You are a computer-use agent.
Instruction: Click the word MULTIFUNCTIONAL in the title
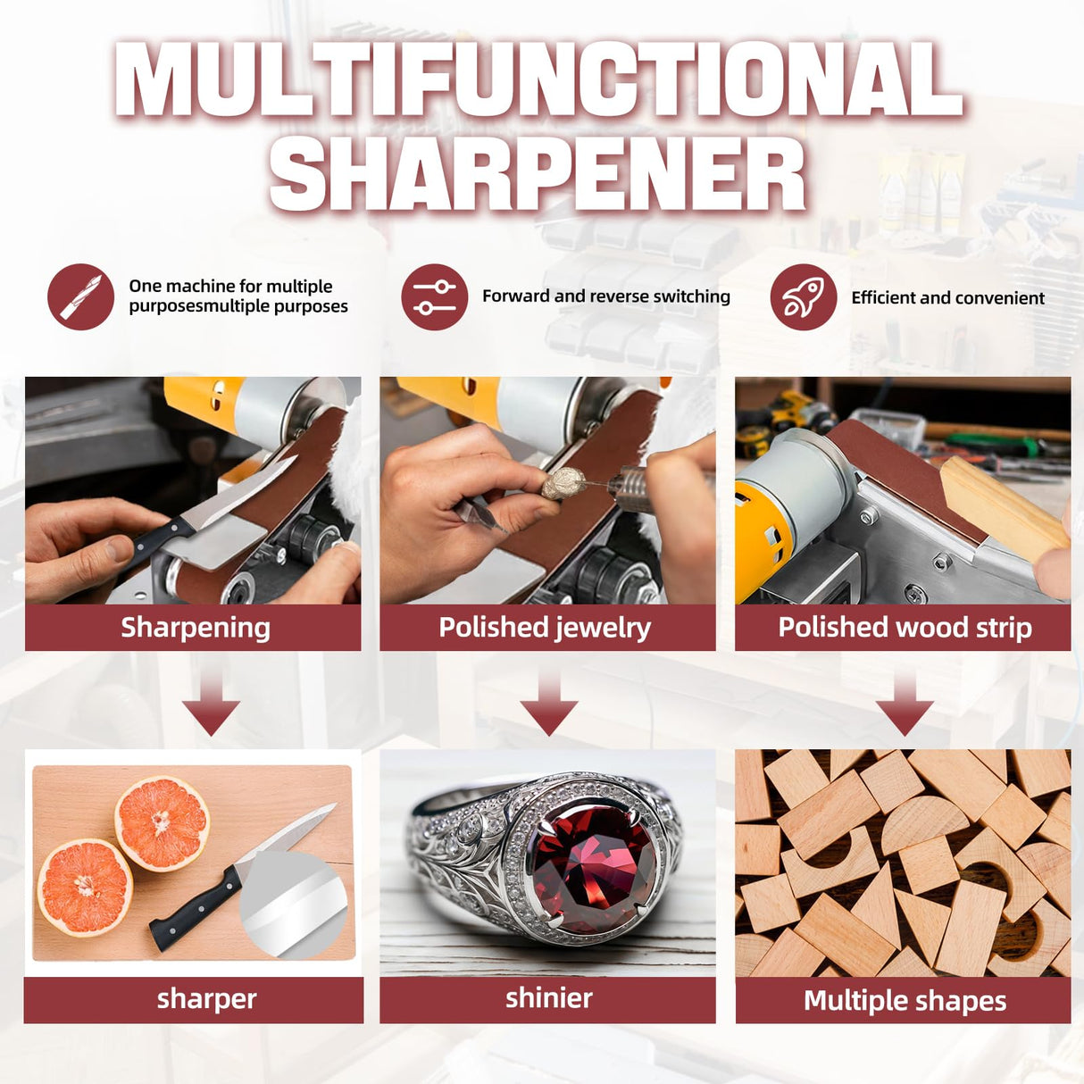coord(538,79)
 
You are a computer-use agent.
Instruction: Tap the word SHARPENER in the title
coord(538,175)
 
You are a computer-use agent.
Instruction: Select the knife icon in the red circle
coord(80,296)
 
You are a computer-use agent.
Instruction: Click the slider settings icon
coord(435,297)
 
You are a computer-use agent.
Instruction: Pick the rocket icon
coord(804,297)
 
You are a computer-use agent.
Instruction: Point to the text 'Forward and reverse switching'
coord(606,296)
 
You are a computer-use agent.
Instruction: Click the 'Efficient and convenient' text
coord(947,298)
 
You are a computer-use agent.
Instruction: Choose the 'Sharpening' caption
coord(196,628)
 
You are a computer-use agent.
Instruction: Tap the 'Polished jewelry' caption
coord(545,628)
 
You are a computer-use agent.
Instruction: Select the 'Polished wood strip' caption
coord(905,628)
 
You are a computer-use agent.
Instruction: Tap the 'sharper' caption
coord(206,999)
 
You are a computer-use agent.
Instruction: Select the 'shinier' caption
coord(548,998)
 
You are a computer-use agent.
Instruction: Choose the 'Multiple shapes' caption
coord(905,1001)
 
